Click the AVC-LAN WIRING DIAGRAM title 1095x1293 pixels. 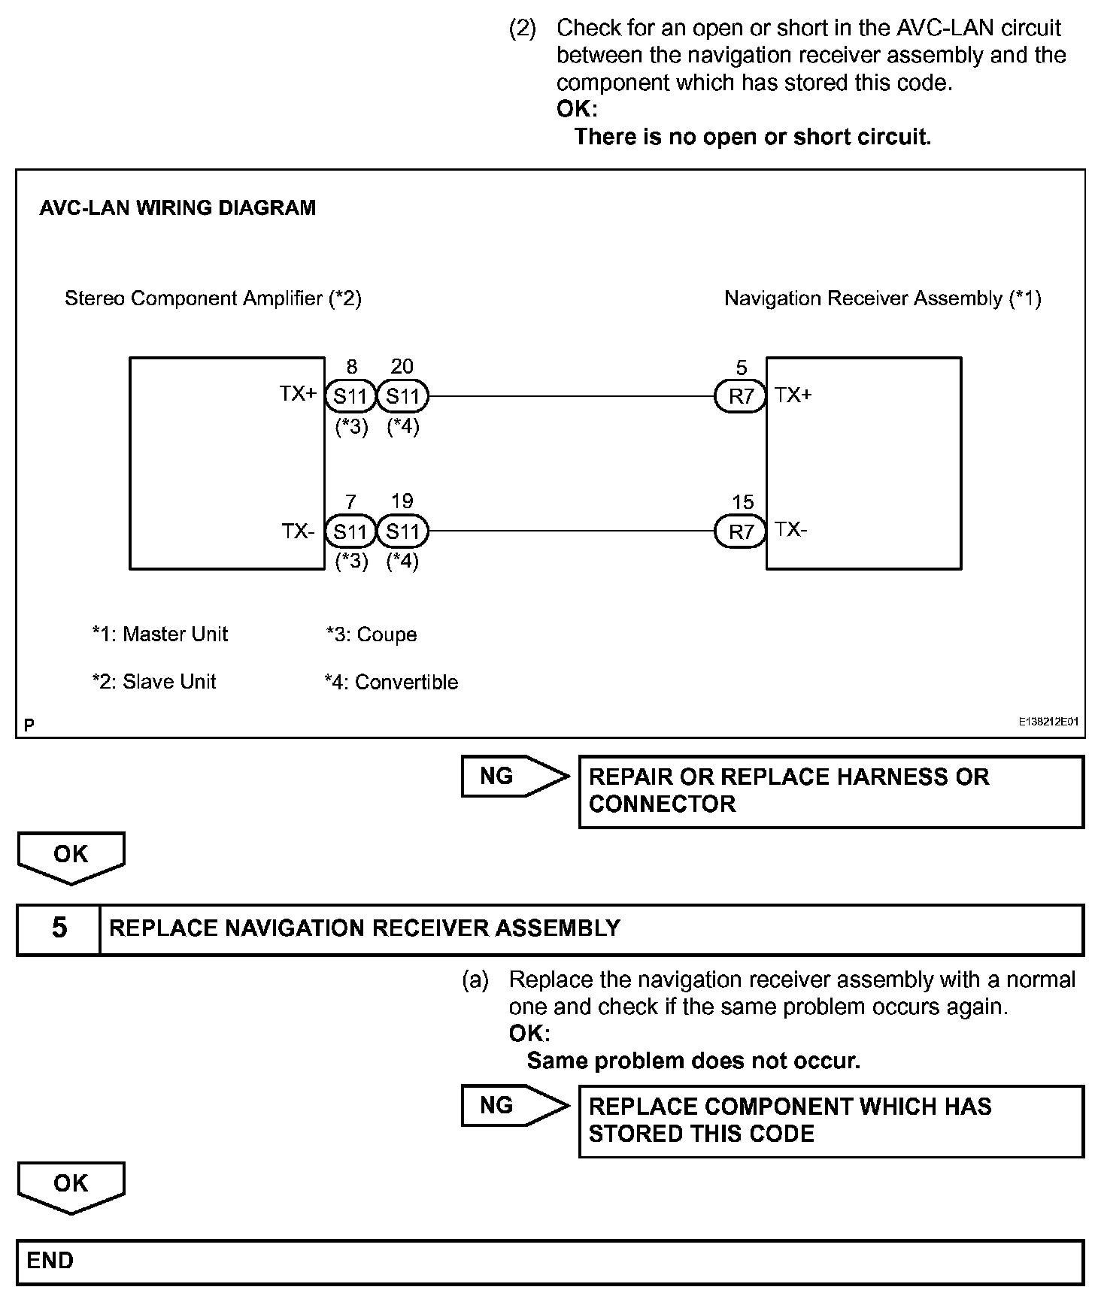click(177, 208)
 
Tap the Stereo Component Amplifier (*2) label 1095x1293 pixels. click(213, 298)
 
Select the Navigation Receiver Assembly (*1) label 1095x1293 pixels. click(882, 298)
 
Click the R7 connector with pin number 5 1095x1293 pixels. click(741, 396)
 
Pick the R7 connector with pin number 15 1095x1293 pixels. click(741, 532)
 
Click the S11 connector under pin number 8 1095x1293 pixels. click(350, 396)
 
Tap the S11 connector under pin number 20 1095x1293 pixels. click(402, 396)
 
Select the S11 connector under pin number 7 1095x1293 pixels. click(350, 532)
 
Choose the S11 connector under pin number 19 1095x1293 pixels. click(402, 532)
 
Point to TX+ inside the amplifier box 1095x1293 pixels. click(299, 394)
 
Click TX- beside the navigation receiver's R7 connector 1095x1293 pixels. click(791, 530)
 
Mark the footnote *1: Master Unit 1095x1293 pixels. click(159, 634)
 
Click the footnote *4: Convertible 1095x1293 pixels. click(391, 683)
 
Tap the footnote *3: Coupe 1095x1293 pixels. click(372, 634)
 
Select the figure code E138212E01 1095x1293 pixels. click(1048, 722)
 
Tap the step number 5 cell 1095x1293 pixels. click(59, 928)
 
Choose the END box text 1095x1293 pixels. click(50, 1261)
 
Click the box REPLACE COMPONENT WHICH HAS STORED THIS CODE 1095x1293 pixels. click(831, 1120)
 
